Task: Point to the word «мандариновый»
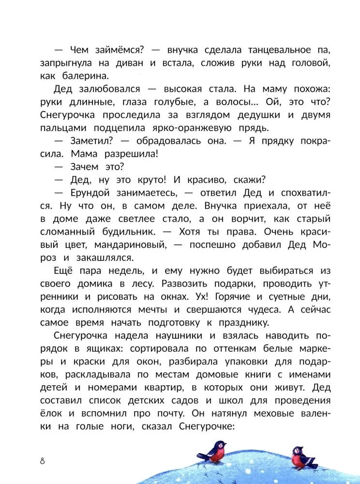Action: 127,244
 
